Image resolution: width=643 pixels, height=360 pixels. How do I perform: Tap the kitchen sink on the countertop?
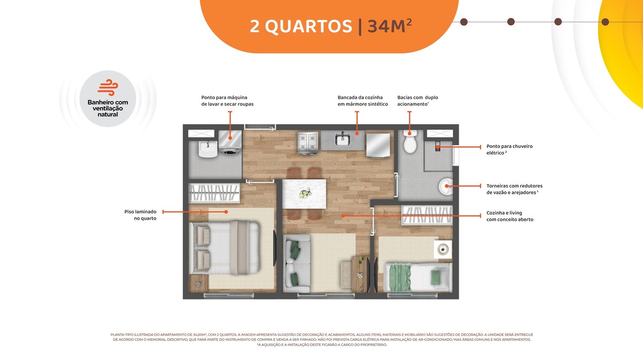tap(342, 139)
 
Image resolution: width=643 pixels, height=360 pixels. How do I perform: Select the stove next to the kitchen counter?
tap(308, 143)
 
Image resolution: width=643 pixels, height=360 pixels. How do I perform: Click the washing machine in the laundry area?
tap(230, 143)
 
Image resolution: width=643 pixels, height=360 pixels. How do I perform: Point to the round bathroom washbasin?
tap(446, 186)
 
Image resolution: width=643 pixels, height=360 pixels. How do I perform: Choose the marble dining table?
tap(304, 194)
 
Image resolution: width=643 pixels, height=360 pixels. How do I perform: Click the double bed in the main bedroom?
tap(225, 247)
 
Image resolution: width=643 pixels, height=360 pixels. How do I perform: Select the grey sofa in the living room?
tap(297, 263)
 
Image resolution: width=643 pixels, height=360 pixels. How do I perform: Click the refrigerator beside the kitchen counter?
tap(378, 145)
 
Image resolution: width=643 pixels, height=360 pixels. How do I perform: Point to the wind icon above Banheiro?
tap(108, 87)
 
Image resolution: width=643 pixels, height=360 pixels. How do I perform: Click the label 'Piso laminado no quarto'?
tap(140, 215)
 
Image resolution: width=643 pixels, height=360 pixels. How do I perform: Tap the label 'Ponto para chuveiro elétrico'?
tap(509, 149)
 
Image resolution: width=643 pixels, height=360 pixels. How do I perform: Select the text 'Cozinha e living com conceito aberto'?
tap(510, 216)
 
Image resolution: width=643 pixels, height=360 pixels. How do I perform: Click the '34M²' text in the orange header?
tap(390, 27)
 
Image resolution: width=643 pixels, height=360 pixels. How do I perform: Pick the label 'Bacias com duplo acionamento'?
tap(418, 101)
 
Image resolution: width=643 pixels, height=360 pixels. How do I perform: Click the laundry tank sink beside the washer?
tap(207, 149)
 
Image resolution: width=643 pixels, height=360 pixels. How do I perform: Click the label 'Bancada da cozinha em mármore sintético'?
tap(362, 101)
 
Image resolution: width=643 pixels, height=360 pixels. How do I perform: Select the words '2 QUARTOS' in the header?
tap(301, 27)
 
